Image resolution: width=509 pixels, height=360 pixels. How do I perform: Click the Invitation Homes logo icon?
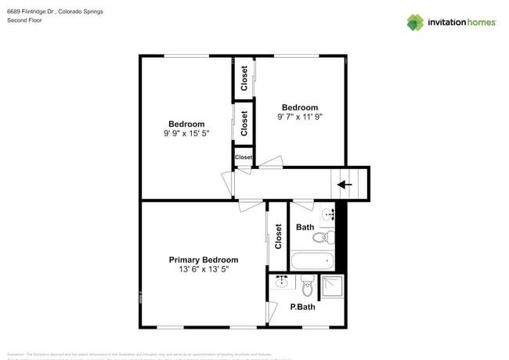click(x=415, y=22)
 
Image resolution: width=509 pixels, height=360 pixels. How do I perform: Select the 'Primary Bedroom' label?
click(x=204, y=260)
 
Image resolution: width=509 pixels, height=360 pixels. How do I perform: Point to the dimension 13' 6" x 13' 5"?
click(x=204, y=269)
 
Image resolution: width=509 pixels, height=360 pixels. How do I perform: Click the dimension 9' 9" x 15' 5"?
click(x=186, y=134)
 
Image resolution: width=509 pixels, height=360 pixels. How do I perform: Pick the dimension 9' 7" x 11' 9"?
click(x=300, y=117)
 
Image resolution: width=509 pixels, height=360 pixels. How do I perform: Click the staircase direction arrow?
click(x=343, y=185)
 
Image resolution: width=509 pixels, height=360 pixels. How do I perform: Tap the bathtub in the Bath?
click(x=312, y=260)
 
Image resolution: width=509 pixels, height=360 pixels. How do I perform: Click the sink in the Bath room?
click(x=327, y=213)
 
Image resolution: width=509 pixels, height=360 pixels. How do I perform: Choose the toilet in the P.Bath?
click(x=307, y=283)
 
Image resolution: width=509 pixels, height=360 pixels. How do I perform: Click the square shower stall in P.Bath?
click(x=332, y=286)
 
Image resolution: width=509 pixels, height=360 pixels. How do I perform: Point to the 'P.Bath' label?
click(x=302, y=307)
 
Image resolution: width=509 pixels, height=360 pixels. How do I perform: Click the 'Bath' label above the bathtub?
click(x=305, y=228)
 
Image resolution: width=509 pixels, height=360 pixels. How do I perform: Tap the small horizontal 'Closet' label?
click(x=244, y=157)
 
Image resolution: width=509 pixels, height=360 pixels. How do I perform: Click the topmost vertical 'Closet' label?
click(x=244, y=78)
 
